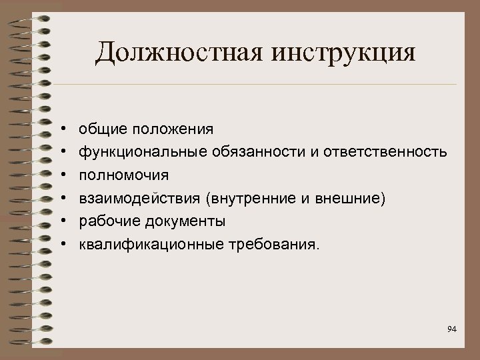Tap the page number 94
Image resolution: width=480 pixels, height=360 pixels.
tap(452, 329)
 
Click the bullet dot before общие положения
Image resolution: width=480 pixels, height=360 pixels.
tap(61, 128)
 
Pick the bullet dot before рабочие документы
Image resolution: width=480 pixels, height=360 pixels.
tap(61, 221)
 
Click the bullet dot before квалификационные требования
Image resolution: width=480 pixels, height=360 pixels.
tap(61, 245)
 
